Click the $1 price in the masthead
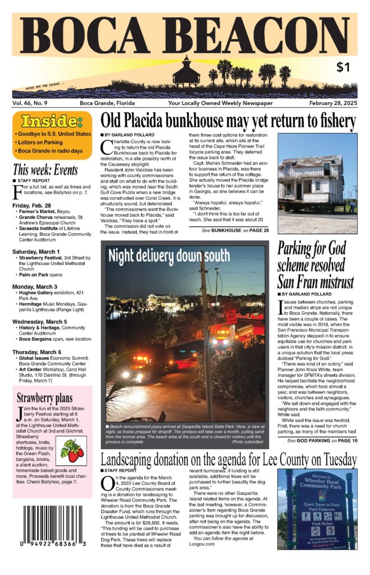(x=343, y=67)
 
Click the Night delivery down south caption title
(x=169, y=256)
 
